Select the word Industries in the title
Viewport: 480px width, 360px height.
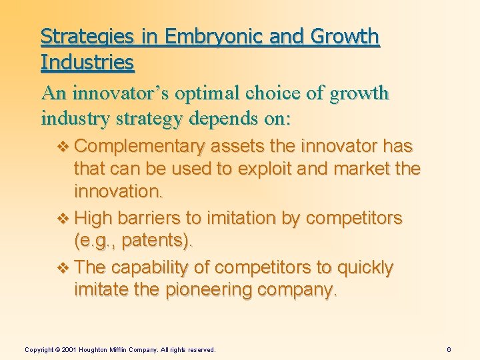[x=87, y=63]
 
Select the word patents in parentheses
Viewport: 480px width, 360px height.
[x=159, y=241]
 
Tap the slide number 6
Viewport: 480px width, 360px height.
[x=449, y=349]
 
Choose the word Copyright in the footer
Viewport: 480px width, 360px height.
[x=39, y=349]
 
